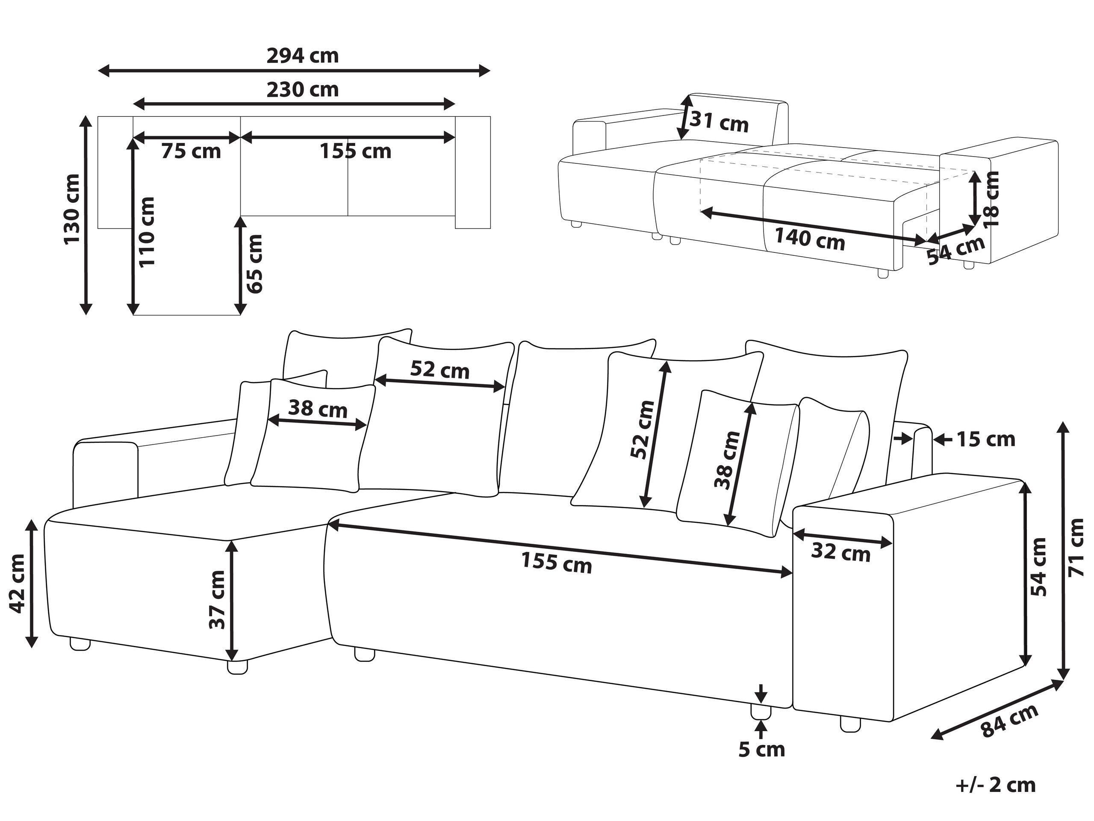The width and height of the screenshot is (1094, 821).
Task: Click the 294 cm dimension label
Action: point(303,56)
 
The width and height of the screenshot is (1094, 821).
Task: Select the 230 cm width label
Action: point(303,89)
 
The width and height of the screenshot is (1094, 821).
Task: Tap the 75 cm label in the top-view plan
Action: point(191,151)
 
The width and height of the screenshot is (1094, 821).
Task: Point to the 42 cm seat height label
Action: point(18,584)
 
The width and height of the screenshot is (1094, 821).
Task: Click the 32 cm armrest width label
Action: point(840,552)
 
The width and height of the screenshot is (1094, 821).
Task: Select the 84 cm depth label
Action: point(1009,720)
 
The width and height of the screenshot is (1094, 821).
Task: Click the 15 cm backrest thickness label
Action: point(986,439)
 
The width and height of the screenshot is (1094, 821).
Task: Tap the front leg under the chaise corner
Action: point(237,667)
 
